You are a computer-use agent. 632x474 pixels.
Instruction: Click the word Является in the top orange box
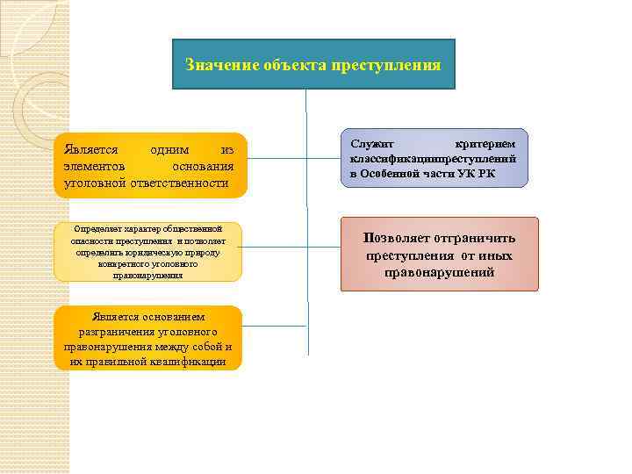(x=90, y=149)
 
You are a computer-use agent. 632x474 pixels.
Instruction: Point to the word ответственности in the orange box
(x=178, y=183)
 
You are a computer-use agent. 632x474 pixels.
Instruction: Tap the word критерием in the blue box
(x=486, y=142)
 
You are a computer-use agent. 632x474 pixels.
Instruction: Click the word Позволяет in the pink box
(x=394, y=238)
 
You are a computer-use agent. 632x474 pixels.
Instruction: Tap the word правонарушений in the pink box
(x=439, y=273)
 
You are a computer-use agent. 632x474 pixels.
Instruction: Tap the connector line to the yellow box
(x=273, y=246)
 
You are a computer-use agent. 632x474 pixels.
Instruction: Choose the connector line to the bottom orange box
(x=273, y=327)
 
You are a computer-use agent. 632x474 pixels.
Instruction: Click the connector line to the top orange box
(x=277, y=159)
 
